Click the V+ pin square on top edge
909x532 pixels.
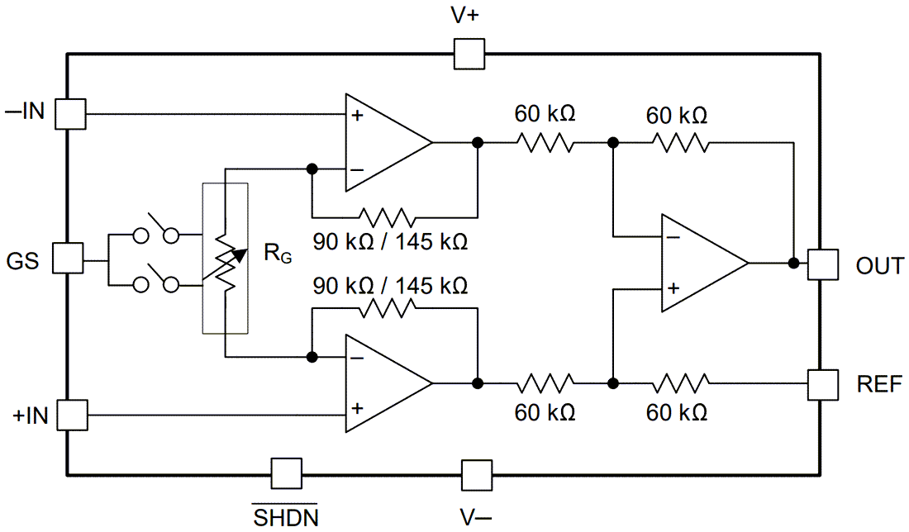click(x=469, y=55)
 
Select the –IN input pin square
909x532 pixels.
click(x=70, y=113)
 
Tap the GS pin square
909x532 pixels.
click(x=68, y=258)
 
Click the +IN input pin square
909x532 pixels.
click(x=70, y=414)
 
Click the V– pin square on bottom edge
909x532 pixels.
click(x=476, y=476)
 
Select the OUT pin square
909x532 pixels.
click(x=823, y=264)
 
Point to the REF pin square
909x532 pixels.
click(x=823, y=383)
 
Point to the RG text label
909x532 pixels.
click(x=277, y=254)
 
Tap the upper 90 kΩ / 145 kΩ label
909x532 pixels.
click(x=390, y=242)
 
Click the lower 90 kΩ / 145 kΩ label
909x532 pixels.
click(x=390, y=286)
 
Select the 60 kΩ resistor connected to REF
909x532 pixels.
click(x=681, y=383)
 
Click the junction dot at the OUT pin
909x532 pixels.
click(x=793, y=264)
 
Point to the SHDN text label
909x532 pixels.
click(x=285, y=517)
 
